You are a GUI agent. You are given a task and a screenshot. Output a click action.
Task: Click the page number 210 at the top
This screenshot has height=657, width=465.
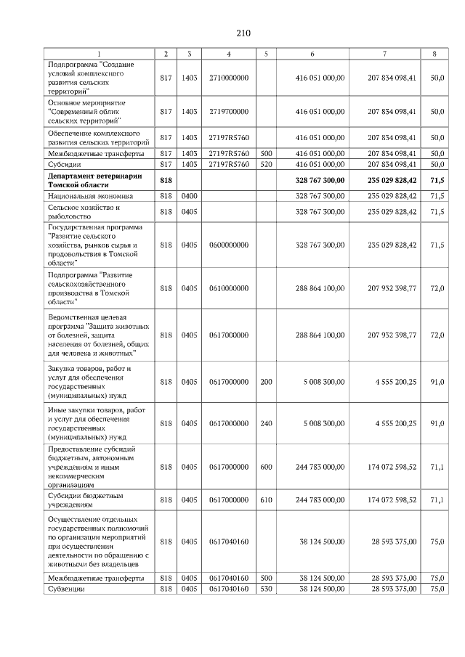point(243,33)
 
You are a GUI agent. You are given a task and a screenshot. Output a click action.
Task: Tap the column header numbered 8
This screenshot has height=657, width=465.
point(434,54)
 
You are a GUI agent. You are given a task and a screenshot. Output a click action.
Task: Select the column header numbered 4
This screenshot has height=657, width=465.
point(229,54)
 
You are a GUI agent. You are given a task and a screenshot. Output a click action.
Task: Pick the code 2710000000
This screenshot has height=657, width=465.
point(229,76)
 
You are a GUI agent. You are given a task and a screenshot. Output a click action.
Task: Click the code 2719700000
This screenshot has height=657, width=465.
point(229,112)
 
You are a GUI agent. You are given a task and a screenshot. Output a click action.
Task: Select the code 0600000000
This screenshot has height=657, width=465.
point(229,245)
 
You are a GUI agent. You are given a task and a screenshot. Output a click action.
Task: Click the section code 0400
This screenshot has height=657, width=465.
point(189,196)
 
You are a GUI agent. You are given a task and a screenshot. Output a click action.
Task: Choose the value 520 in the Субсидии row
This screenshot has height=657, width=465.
point(266,164)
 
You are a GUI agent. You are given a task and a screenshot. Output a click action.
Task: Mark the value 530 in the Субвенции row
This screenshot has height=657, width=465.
point(266,589)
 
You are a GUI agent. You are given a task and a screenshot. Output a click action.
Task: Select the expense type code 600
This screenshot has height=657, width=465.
point(266,468)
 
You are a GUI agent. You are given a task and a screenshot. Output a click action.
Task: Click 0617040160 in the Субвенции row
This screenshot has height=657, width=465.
point(229,589)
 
